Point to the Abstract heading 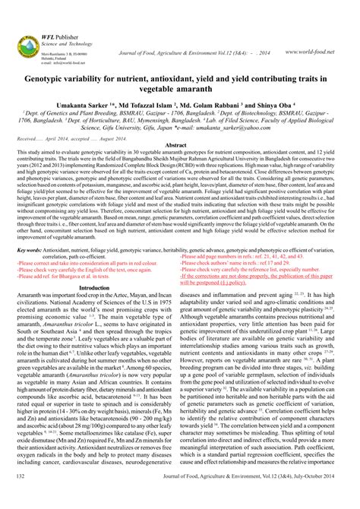click(180, 144)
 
